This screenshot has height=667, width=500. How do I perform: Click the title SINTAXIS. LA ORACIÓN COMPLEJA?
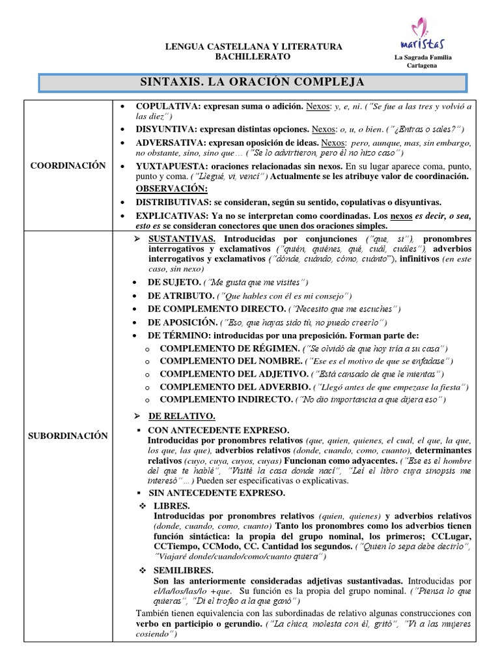253,83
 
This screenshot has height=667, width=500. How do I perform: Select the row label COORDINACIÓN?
68,166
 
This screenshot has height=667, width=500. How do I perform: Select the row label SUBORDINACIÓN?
68,436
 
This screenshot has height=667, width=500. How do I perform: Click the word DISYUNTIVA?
165,130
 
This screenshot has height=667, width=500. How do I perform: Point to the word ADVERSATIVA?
168,142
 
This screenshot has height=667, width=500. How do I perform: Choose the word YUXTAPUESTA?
168,166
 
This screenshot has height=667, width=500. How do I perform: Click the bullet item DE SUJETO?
174,282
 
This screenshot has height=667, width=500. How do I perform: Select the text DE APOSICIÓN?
182,322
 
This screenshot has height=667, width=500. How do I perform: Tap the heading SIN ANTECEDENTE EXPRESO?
216,493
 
